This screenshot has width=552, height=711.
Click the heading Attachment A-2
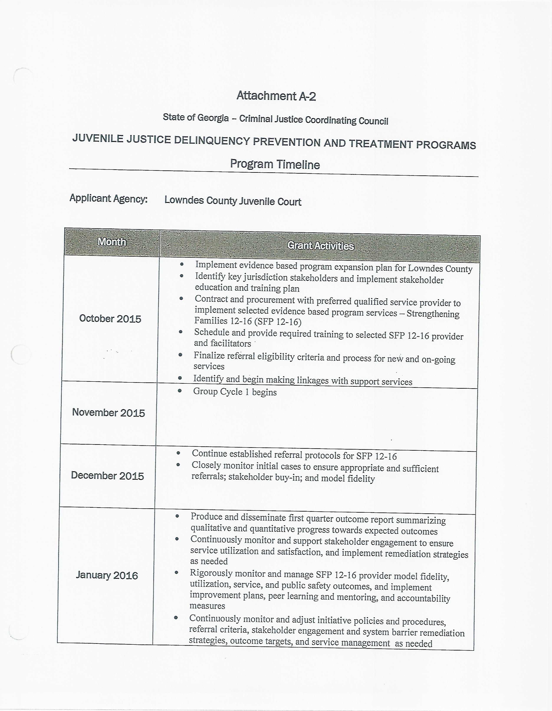276,96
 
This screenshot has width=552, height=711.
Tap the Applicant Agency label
108,198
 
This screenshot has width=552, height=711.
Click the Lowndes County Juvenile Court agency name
233,201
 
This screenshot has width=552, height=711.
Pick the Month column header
112,241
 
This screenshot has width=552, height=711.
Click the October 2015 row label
110,318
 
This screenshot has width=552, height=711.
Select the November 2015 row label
108,413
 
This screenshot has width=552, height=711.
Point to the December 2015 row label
108,476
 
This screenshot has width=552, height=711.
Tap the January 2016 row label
107,575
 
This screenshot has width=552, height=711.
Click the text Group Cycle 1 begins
235,392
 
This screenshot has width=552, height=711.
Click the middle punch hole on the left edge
21,354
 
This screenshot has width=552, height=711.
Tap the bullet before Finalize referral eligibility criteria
180,355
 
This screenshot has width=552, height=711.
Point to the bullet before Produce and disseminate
177,516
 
